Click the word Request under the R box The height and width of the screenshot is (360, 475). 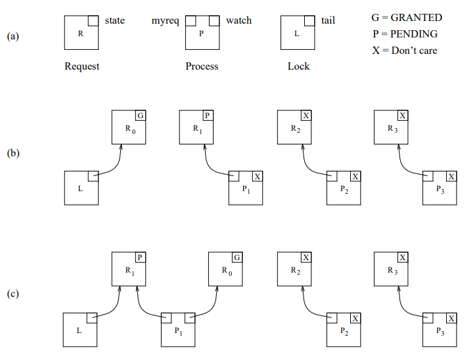(x=81, y=66)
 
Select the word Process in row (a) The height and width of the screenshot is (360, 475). (x=202, y=66)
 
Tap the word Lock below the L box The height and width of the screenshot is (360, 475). (x=298, y=66)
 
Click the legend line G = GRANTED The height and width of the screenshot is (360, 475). (x=407, y=18)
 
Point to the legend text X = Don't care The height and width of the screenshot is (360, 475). (x=404, y=51)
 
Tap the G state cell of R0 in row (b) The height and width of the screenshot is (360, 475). (x=141, y=116)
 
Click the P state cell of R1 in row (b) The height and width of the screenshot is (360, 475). (x=208, y=116)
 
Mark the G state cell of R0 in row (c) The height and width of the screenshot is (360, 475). (x=237, y=257)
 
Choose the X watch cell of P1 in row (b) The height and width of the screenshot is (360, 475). (x=258, y=176)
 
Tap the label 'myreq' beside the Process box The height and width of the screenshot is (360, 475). (x=165, y=20)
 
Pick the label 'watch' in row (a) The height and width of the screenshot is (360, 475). (x=238, y=20)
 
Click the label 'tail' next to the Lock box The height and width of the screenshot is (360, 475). (x=328, y=20)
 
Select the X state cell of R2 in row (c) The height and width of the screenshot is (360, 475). (x=305, y=257)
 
